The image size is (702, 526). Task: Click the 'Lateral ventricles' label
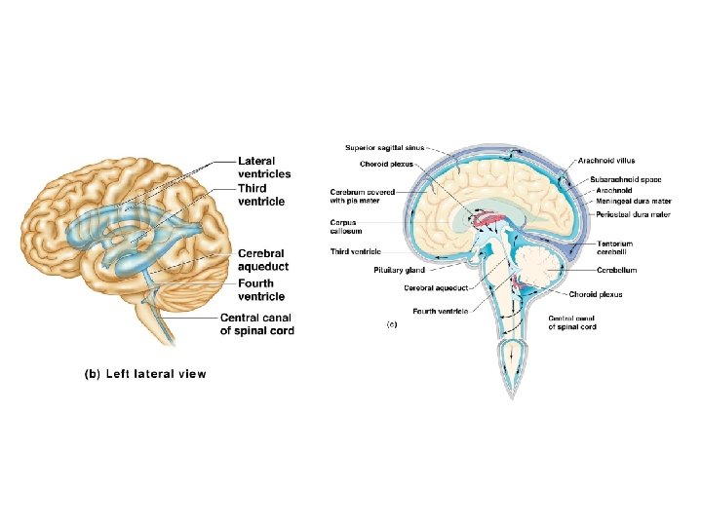point(264,167)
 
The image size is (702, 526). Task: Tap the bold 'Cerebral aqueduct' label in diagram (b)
point(263,260)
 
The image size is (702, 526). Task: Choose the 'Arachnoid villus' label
point(606,160)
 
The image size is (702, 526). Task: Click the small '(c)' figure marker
point(393,322)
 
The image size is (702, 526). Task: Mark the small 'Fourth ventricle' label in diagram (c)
point(441,311)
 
